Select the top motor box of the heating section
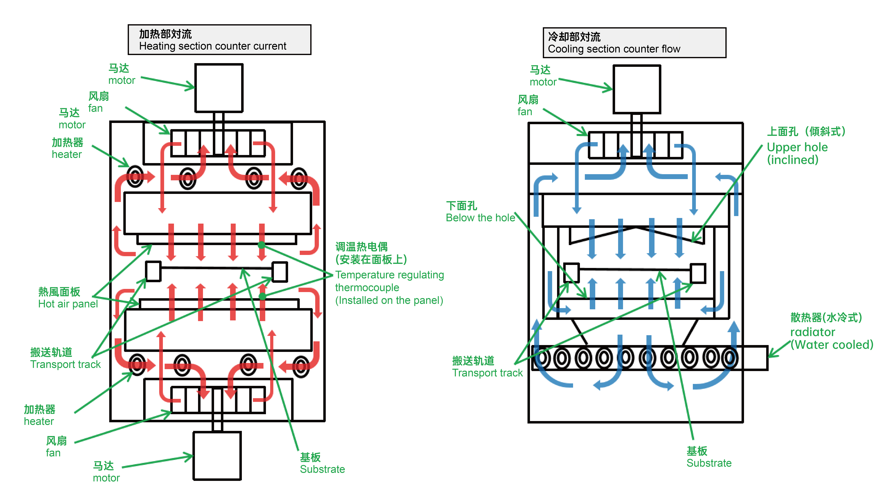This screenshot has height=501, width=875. pos(219,88)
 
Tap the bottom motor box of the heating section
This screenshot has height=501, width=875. pos(217,455)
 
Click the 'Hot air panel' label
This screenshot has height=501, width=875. pos(68,298)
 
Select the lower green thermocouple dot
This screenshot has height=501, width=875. pos(262,296)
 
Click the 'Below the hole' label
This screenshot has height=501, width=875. pos(480,212)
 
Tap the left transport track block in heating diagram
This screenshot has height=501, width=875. pos(153,271)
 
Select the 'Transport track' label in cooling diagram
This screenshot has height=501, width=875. pos(487,367)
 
